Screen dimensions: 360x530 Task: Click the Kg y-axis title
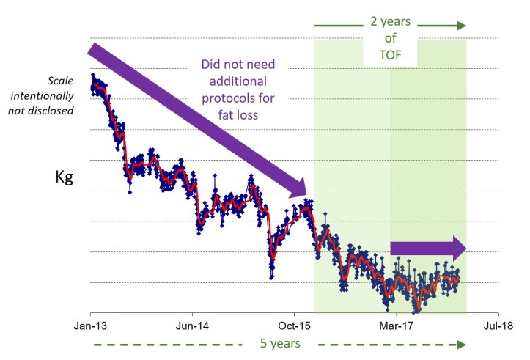point(65,177)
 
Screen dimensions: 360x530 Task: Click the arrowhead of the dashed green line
point(461,344)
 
